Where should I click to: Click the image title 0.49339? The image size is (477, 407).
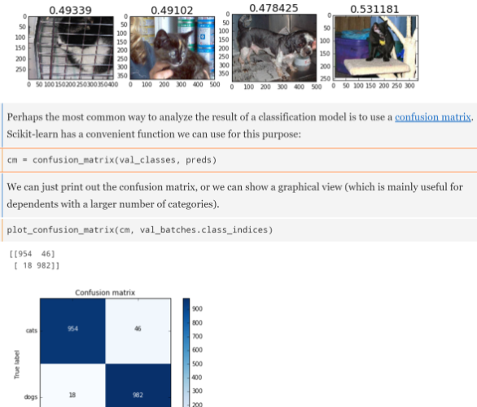pyautogui.click(x=70, y=11)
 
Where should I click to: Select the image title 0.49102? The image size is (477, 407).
pyautogui.click(x=172, y=11)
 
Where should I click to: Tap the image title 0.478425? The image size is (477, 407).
pyautogui.click(x=274, y=8)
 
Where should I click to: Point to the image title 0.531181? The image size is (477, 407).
pyautogui.click(x=374, y=10)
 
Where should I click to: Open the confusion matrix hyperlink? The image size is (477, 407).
pyautogui.click(x=432, y=117)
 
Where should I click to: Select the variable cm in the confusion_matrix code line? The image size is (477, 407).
pyautogui.click(x=12, y=160)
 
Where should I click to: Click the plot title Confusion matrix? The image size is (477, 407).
pyautogui.click(x=105, y=292)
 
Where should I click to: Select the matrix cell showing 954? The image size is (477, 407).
pyautogui.click(x=72, y=331)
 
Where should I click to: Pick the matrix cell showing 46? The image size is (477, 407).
pyautogui.click(x=138, y=331)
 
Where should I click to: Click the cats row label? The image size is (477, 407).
pyautogui.click(x=32, y=330)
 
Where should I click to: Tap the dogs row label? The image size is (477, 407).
pyautogui.click(x=31, y=397)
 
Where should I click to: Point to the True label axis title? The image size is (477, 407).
pyautogui.click(x=17, y=365)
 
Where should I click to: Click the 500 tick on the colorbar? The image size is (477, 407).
pyautogui.click(x=197, y=364)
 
